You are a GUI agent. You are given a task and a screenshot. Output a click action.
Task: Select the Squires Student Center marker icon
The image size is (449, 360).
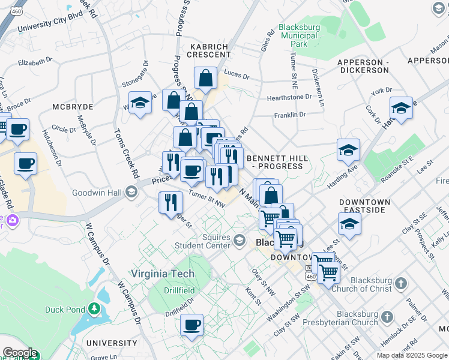(x=239, y=241)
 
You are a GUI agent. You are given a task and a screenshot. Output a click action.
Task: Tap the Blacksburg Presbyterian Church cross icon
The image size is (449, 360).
(x=387, y=316)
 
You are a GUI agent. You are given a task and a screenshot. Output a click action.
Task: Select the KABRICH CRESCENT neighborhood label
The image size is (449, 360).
(x=210, y=50)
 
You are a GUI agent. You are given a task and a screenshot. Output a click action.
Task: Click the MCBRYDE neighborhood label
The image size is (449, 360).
(x=72, y=106)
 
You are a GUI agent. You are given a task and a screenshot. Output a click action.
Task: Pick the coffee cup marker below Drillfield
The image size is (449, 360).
(x=191, y=325)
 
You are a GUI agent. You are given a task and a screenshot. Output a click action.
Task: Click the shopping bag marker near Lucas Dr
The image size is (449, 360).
(x=205, y=77)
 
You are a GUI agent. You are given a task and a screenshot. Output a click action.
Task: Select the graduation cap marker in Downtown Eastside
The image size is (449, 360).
(x=349, y=224)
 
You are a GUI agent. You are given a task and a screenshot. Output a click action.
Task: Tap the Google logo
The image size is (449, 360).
(x=20, y=353)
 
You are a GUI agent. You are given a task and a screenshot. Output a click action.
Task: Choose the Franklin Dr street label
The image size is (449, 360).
(x=290, y=114)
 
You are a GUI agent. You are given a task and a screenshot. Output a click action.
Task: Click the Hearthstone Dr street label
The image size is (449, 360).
(x=289, y=96)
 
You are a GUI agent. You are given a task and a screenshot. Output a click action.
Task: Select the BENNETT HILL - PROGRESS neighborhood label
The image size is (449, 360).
(x=277, y=162)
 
